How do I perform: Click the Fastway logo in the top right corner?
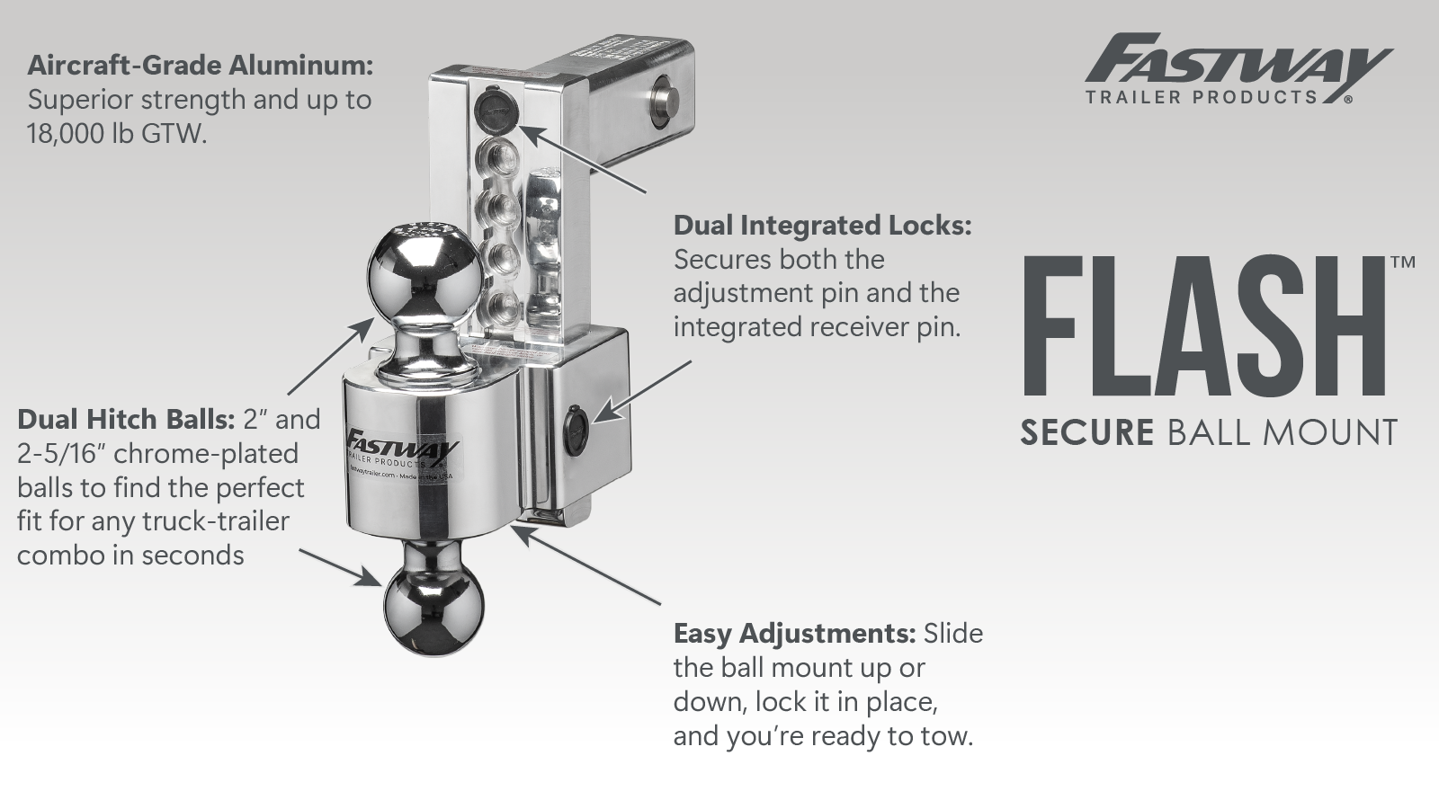coord(1238,68)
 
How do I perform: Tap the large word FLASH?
coord(1211,327)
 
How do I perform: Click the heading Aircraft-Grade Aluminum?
coord(200,67)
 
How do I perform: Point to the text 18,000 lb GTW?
coord(117,134)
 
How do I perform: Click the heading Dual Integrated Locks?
coord(822,226)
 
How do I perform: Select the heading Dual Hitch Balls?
coord(126,419)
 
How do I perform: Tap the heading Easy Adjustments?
coord(795,634)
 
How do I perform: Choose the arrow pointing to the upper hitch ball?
coord(330,356)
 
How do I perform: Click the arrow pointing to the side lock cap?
coord(642,390)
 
